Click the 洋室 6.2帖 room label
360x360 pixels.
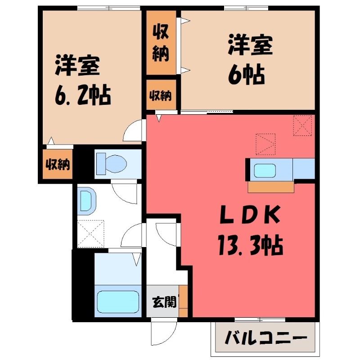pyautogui.click(x=83, y=80)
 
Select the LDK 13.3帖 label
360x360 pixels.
pyautogui.click(x=250, y=230)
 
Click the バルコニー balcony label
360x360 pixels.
pyautogui.click(x=266, y=338)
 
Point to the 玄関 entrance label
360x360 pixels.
pyautogui.click(x=164, y=301)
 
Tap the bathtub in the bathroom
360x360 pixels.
pyautogui.click(x=118, y=301)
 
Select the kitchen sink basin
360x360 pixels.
pyautogui.click(x=265, y=171)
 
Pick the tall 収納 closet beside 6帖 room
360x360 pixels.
pyautogui.click(x=161, y=43)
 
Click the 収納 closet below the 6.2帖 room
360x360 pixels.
pyautogui.click(x=58, y=164)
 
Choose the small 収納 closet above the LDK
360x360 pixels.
pyautogui.click(x=161, y=95)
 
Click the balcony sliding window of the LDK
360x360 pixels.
pyautogui.click(x=260, y=319)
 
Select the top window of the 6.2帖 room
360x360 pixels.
pyautogui.click(x=108, y=8)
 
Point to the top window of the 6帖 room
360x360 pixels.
pyautogui.click(x=246, y=8)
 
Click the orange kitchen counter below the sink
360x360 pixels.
pyautogui.click(x=271, y=187)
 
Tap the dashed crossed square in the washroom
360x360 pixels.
pyautogui.click(x=91, y=234)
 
